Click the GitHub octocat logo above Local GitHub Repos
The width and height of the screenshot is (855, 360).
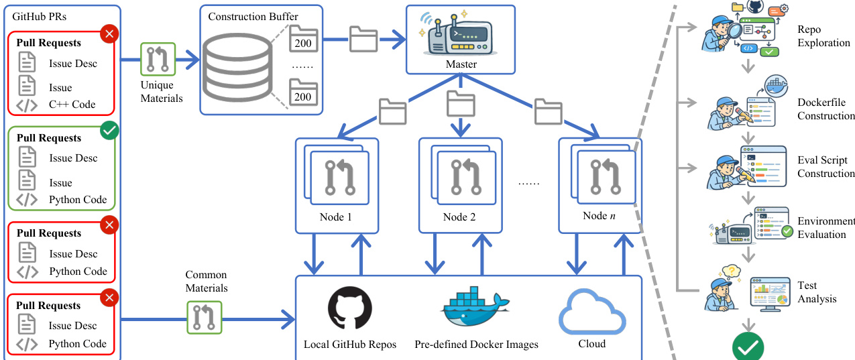[349, 309]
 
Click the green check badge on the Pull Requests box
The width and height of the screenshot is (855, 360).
[109, 131]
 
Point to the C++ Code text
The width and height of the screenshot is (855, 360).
[72, 105]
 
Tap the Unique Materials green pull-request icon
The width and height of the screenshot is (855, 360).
[158, 60]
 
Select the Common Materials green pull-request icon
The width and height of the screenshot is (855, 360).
[203, 317]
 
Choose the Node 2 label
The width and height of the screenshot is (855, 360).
[459, 217]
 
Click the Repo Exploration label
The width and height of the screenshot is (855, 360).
[823, 36]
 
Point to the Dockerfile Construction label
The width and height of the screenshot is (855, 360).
[825, 109]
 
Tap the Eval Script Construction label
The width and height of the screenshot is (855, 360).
[825, 167]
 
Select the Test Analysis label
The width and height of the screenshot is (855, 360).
[817, 292]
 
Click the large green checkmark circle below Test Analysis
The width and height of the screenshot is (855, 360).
[748, 347]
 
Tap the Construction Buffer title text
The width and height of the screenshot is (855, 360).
[253, 16]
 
